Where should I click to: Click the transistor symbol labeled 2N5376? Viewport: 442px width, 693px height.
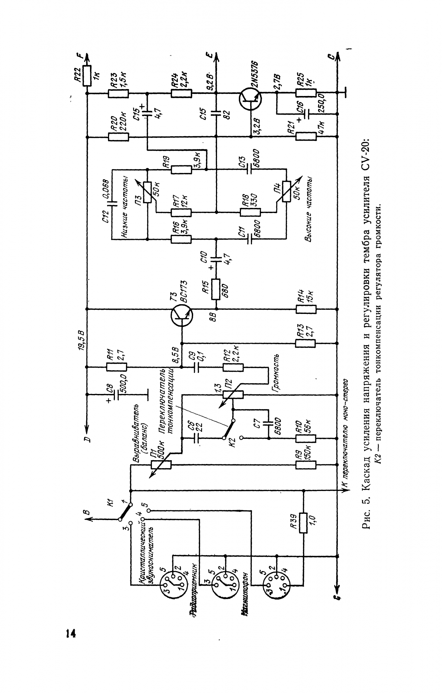tap(250, 99)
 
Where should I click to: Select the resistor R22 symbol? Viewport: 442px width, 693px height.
tap(87, 75)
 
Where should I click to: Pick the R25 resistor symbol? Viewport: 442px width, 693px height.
tap(306, 93)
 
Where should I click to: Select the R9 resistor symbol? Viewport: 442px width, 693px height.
tap(306, 465)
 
